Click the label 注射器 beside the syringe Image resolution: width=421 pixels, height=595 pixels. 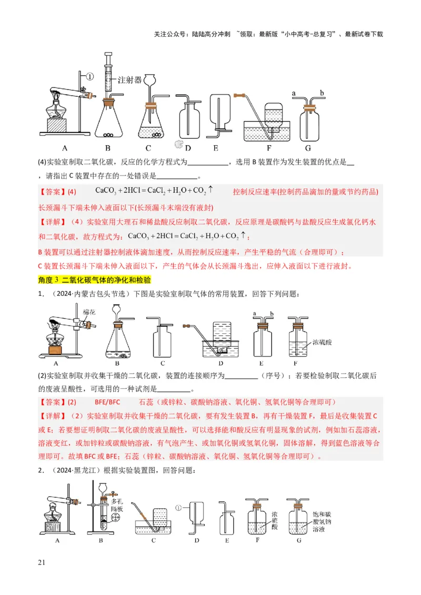130,80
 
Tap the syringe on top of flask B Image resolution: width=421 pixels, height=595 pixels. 109,74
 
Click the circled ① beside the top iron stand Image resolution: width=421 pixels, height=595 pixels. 89,77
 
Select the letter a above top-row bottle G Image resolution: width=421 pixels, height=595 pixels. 294,93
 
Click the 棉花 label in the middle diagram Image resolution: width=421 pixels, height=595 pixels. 88,312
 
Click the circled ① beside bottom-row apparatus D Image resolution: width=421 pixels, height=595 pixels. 179,508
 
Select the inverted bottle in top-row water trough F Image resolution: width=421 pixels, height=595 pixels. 273,116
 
